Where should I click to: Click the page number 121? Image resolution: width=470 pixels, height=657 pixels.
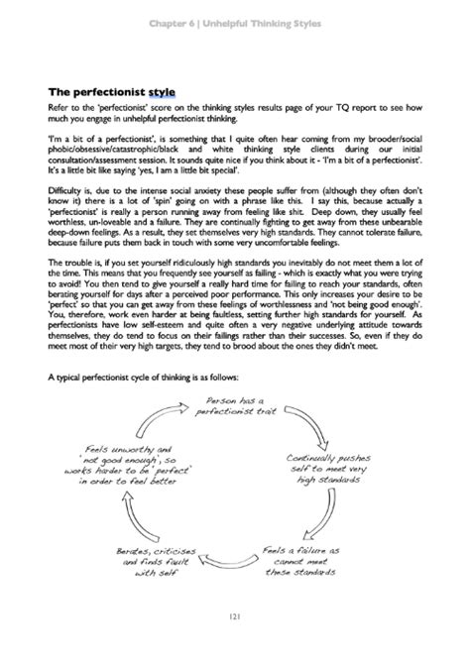[x=235, y=618]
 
